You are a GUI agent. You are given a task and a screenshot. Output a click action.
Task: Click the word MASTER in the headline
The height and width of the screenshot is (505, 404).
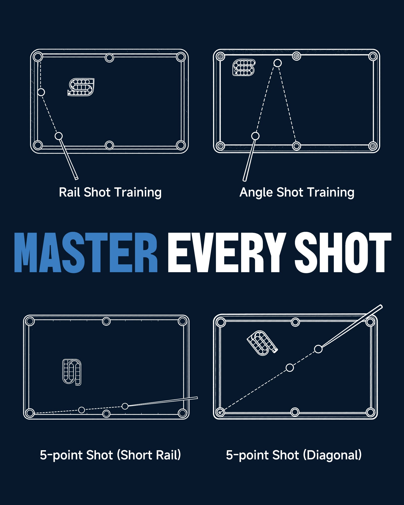[x=86, y=252]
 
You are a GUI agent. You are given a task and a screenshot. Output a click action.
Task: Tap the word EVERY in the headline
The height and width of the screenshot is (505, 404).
[x=227, y=252]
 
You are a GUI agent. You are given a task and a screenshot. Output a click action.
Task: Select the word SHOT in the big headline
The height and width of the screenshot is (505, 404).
[x=343, y=252]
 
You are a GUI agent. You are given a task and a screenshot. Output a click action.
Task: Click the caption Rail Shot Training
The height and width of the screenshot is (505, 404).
[x=110, y=192]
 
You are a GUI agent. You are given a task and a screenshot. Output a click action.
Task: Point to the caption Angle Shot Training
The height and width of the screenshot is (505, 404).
[x=297, y=192]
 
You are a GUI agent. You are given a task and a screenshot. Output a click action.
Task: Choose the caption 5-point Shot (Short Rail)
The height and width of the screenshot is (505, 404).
[x=110, y=455]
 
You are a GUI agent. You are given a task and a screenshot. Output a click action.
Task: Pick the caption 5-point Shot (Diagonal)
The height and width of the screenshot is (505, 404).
[x=294, y=455]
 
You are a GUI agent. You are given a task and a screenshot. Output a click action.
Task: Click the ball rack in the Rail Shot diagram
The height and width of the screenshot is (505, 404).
[x=81, y=87]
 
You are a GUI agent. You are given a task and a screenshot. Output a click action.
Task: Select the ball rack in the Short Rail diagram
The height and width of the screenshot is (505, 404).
[x=72, y=372]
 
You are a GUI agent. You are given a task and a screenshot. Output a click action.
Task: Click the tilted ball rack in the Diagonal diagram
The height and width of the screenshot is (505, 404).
[x=262, y=343]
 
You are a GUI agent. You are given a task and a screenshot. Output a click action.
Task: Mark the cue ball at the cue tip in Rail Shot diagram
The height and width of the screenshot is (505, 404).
[x=59, y=136]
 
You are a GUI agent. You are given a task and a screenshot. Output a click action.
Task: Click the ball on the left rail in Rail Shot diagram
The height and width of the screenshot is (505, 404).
[x=41, y=92]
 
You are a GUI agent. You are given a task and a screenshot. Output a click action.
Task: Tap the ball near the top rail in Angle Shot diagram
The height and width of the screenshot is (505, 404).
[x=277, y=63]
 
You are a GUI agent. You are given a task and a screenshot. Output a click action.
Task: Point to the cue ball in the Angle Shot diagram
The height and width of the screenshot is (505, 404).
[x=255, y=136]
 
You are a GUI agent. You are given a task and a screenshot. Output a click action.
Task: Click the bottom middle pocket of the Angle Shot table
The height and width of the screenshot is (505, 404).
[x=296, y=146]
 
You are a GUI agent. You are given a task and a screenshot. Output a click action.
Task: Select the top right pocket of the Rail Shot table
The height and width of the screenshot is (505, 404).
[x=181, y=57]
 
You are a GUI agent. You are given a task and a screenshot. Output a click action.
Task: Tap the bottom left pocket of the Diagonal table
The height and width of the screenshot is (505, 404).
[x=220, y=412]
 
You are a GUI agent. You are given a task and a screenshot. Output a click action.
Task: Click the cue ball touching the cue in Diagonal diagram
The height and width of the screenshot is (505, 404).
[x=318, y=349]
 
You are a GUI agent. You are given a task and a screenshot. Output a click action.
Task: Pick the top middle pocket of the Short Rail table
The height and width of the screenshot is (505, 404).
[x=106, y=321]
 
